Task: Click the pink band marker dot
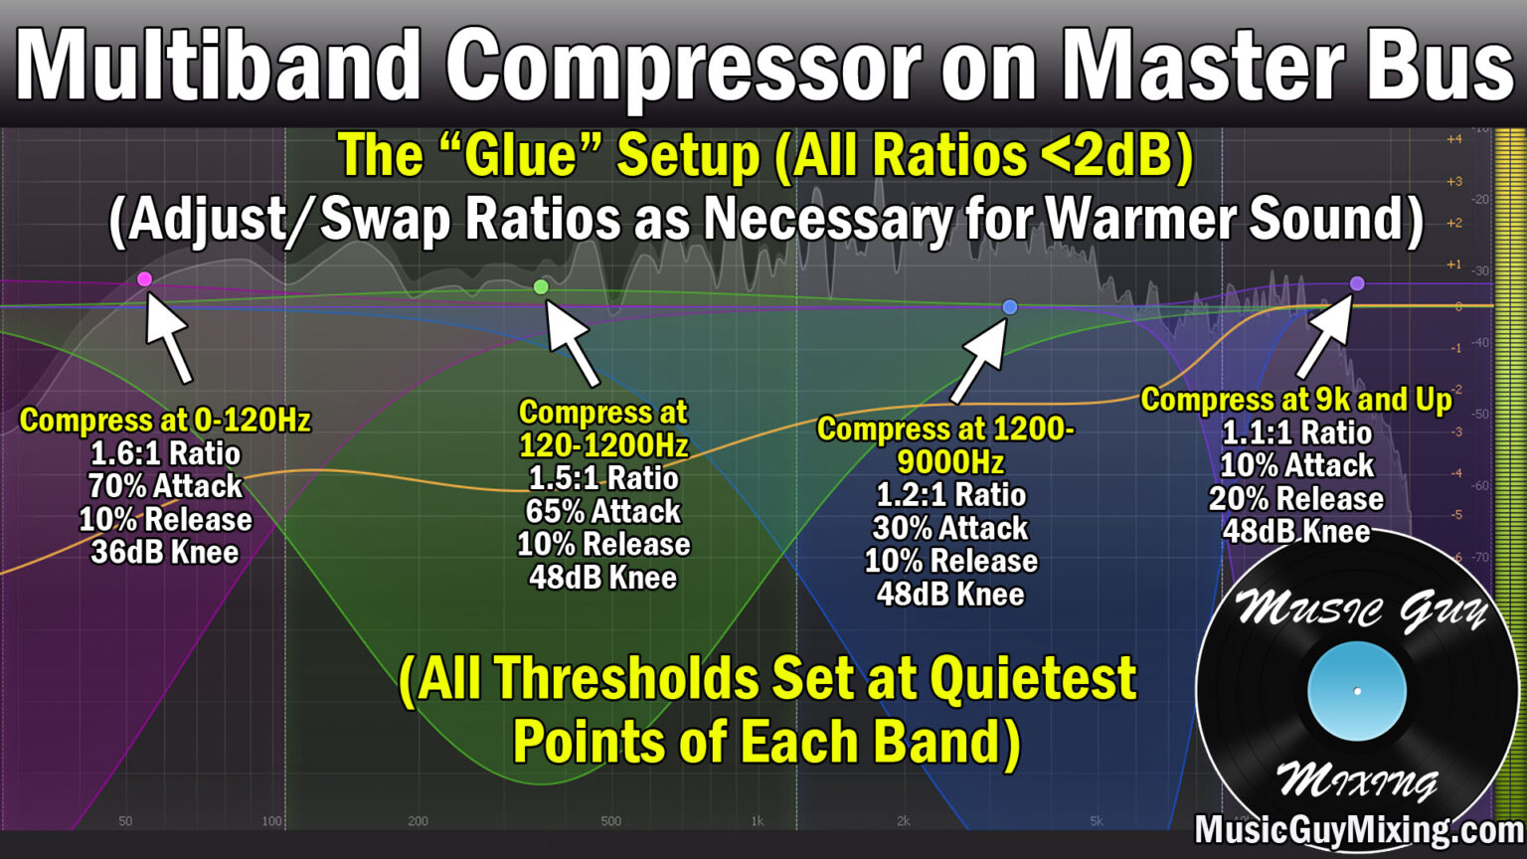click(x=144, y=279)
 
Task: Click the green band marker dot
click(x=541, y=287)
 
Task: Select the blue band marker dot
click(x=1010, y=307)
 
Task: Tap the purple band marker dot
click(x=1357, y=284)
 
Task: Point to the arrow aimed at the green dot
click(x=573, y=344)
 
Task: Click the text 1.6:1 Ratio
click(x=165, y=454)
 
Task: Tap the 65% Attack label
click(x=603, y=512)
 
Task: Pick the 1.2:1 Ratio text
click(x=950, y=495)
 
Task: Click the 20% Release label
click(x=1296, y=499)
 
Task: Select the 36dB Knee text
click(x=165, y=553)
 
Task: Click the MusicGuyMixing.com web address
click(x=1358, y=830)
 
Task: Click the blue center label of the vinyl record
click(x=1357, y=691)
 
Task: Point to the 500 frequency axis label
click(x=610, y=821)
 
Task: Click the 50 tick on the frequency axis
click(x=125, y=821)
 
